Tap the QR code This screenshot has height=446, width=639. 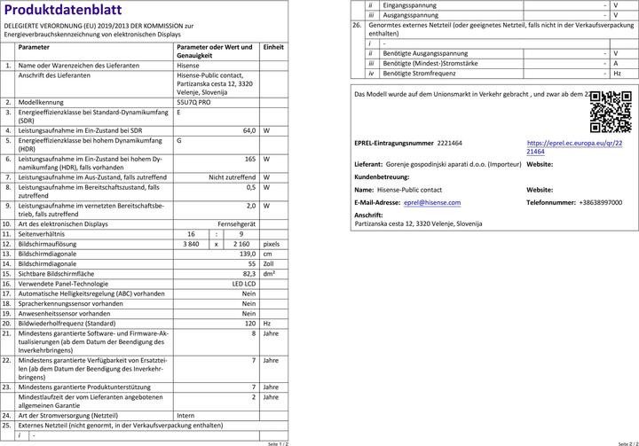(611, 111)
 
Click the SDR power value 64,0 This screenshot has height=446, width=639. (249, 130)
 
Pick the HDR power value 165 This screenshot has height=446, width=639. (250, 159)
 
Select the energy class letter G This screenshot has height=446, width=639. (179, 140)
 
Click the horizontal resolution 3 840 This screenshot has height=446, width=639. (192, 243)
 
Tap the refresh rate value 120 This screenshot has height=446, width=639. (250, 324)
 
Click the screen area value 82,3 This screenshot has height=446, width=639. (249, 273)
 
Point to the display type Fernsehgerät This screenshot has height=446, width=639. (237, 223)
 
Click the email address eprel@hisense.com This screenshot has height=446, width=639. (432, 202)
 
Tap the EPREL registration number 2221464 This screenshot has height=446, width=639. (450, 143)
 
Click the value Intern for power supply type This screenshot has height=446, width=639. (185, 414)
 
